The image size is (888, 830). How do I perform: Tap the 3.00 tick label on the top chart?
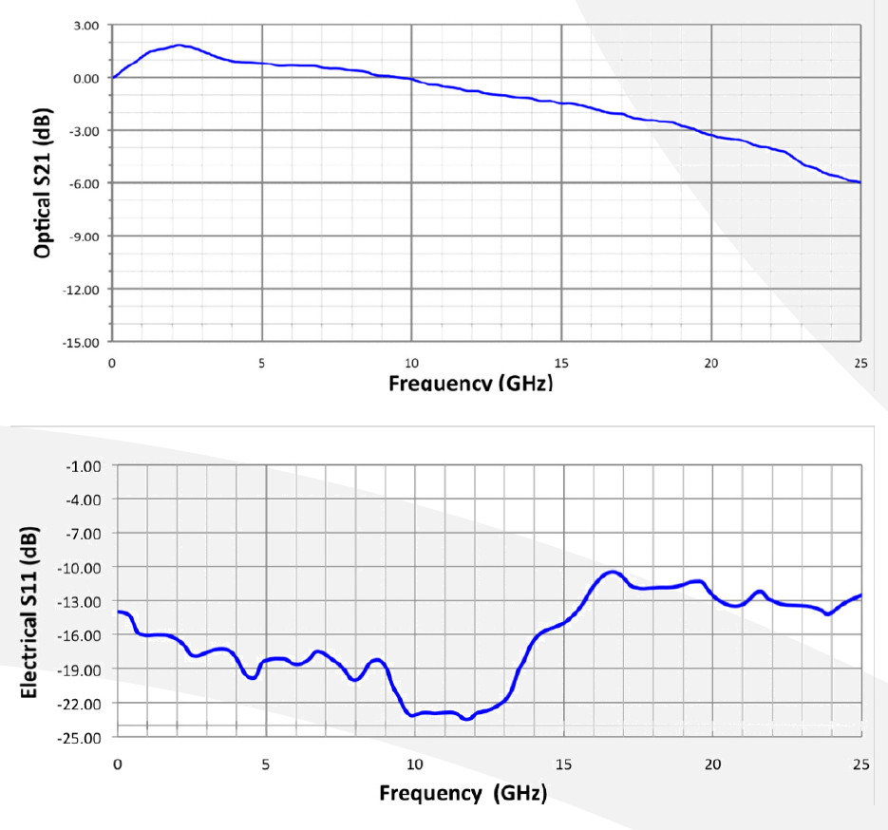[85, 26]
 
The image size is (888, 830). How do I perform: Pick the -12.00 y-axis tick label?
[82, 289]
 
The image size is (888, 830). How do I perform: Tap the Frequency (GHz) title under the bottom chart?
[463, 793]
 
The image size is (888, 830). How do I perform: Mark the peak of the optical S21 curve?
[179, 45]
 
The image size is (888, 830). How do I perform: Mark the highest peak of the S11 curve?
[613, 572]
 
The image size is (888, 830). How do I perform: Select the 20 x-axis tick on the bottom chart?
[712, 765]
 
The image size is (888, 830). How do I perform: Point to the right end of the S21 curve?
[860, 182]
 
